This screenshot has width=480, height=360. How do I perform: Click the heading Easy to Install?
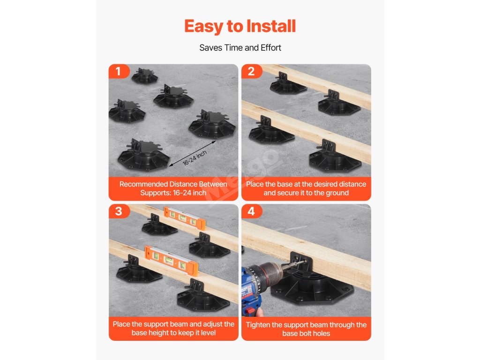coord(240,26)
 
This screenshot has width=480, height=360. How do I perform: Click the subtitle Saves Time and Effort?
coord(240,48)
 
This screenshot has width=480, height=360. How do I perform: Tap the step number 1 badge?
coord(119,71)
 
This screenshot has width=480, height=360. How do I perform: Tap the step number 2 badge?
coord(252,71)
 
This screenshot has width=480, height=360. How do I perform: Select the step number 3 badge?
coord(119,211)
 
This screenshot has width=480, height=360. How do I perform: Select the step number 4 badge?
coord(252,211)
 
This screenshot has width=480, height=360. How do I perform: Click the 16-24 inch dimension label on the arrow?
coord(195,158)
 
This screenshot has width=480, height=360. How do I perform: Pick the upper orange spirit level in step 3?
coord(185,218)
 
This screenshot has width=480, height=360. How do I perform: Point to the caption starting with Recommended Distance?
coord(173,188)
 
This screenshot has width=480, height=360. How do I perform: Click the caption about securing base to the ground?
coord(306,188)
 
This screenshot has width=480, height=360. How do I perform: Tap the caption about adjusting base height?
coord(173,329)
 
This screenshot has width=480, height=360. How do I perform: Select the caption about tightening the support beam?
coord(306,329)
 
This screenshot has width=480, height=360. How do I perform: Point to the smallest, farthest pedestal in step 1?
coord(144,76)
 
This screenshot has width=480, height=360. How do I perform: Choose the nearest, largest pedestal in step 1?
coord(143,156)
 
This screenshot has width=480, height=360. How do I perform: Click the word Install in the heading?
coord(271,26)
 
